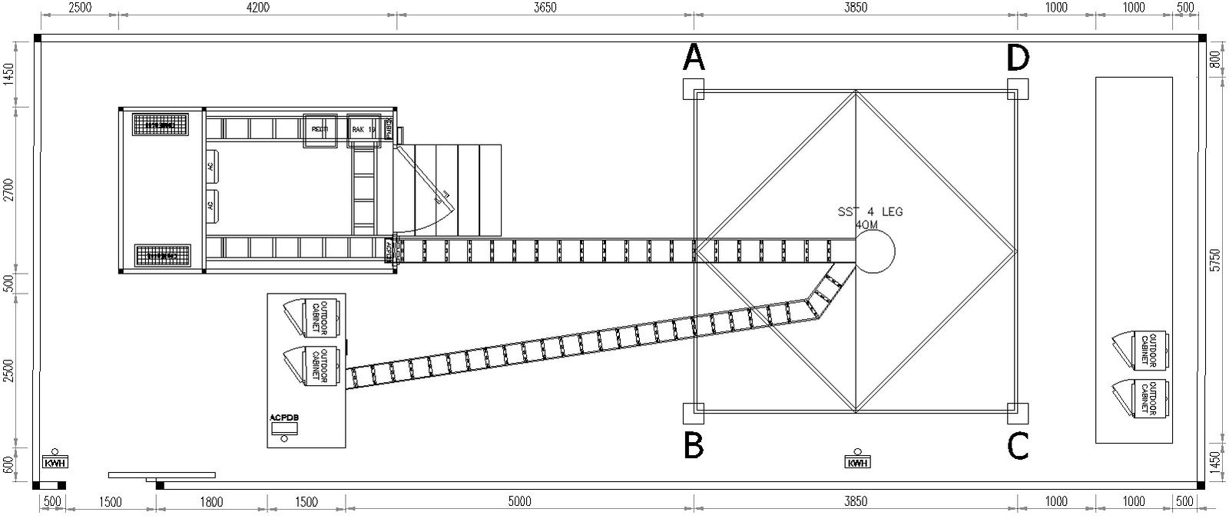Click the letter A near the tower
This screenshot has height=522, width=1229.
click(x=694, y=56)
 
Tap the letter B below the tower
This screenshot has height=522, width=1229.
click(x=694, y=446)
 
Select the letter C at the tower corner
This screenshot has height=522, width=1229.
click(x=1019, y=446)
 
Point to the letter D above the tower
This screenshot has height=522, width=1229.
click(x=1019, y=56)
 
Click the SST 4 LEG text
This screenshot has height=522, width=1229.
click(x=866, y=211)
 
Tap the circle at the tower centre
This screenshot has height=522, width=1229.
click(x=874, y=251)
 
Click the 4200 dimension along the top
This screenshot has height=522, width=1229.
click(x=258, y=8)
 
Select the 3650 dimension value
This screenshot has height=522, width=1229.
click(x=545, y=8)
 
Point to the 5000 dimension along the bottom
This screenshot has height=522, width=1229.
click(x=519, y=503)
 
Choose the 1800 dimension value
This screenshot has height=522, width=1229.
click(x=211, y=503)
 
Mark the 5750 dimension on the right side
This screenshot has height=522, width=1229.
click(x=1214, y=259)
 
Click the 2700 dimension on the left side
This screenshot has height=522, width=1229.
click(x=9, y=189)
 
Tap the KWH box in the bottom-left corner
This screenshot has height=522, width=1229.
click(x=55, y=461)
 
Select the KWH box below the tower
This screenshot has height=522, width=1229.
click(x=857, y=462)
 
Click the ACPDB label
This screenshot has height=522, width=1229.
click(x=284, y=418)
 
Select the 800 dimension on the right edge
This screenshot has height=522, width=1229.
click(x=1214, y=59)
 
